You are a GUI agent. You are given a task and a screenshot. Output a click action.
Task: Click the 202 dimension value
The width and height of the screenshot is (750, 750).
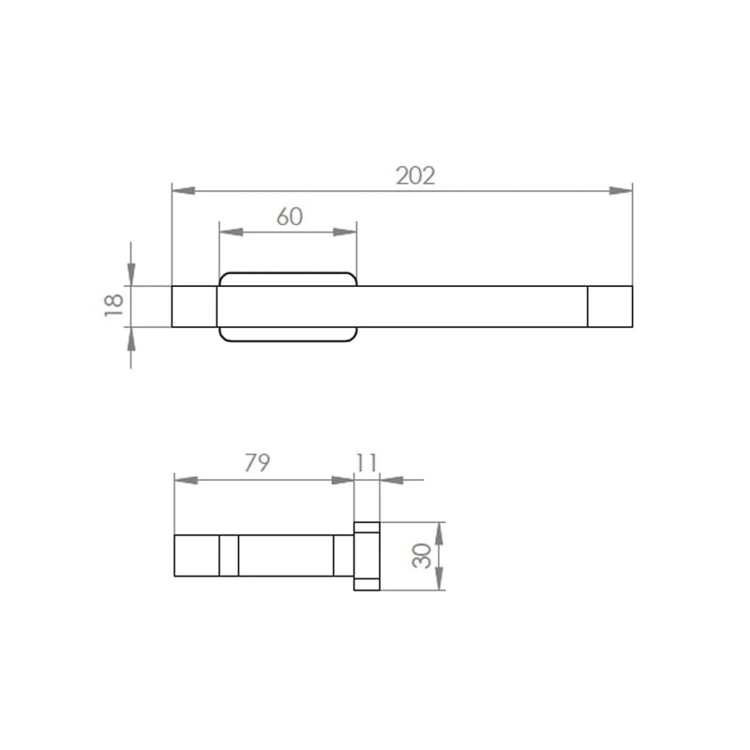click(x=415, y=175)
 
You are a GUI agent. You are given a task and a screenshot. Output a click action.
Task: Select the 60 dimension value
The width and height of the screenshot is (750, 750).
click(x=290, y=217)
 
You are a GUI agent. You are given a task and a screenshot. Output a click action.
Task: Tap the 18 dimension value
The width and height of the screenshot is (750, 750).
click(x=113, y=306)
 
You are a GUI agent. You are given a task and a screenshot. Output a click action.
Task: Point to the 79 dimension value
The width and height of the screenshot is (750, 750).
click(x=257, y=462)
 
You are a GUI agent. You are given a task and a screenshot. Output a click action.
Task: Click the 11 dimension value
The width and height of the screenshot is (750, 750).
click(x=367, y=462)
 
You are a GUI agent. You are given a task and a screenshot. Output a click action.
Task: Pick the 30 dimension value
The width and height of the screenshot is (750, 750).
click(x=421, y=556)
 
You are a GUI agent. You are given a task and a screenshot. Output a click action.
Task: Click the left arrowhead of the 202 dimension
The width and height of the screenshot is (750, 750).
click(x=183, y=191)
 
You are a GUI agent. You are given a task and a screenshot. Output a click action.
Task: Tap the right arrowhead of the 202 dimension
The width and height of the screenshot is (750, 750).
click(x=621, y=191)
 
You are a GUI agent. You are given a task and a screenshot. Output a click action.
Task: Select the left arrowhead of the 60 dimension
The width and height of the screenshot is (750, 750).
click(x=231, y=232)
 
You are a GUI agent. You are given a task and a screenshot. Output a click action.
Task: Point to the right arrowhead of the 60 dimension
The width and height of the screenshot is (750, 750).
click(x=345, y=232)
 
